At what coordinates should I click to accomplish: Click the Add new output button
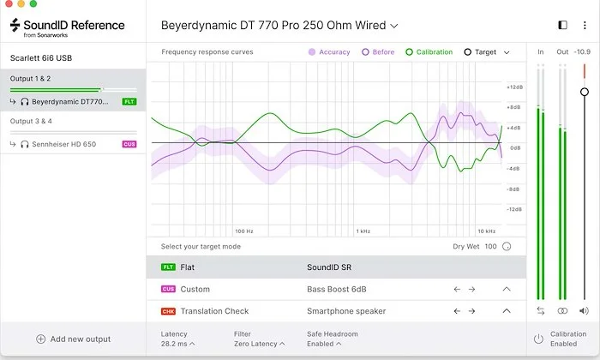point(73,339)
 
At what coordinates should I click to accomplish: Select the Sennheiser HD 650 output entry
point(63,144)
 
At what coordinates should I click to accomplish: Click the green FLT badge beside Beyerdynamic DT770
point(129,102)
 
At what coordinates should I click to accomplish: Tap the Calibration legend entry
point(429,52)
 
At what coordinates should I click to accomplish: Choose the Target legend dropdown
point(487,52)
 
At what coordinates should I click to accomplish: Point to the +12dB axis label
point(515,87)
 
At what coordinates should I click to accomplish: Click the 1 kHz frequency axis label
point(363,231)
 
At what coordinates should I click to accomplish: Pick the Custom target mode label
point(195,289)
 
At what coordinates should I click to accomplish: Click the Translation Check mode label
point(214,311)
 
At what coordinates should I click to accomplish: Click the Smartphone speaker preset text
point(346,311)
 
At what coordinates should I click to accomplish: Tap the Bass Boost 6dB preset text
point(337,289)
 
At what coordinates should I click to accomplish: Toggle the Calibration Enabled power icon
point(538,338)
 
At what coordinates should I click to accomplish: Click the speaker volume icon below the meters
point(585,311)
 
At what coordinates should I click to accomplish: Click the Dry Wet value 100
point(491,247)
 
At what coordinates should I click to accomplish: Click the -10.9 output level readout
point(583,51)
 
